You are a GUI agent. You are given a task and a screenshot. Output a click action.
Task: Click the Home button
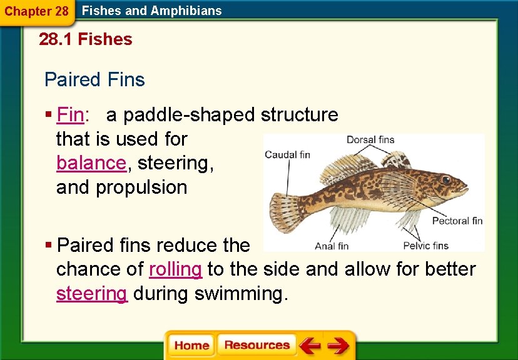[x=191, y=345]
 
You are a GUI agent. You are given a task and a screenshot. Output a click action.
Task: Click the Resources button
[x=256, y=345]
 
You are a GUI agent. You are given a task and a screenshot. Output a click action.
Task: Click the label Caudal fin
[x=287, y=154]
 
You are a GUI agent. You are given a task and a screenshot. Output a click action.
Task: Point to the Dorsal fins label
[x=370, y=139]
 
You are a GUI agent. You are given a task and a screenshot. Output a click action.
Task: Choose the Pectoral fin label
[x=457, y=221]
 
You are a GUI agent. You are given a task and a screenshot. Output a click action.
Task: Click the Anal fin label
[x=332, y=246]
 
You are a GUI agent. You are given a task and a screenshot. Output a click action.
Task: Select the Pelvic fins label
[x=426, y=246]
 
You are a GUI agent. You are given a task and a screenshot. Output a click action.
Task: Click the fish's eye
[x=445, y=179]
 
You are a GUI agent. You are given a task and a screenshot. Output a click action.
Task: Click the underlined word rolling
[x=175, y=269]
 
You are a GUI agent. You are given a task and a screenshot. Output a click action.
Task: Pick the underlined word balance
[x=91, y=163]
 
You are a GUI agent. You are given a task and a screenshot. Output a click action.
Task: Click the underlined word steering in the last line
[x=92, y=294]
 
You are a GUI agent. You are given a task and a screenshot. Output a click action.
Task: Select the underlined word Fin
[x=70, y=115]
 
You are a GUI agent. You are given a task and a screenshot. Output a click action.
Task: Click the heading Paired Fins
[x=94, y=80]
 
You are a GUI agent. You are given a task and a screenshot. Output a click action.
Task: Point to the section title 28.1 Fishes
[x=86, y=39]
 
